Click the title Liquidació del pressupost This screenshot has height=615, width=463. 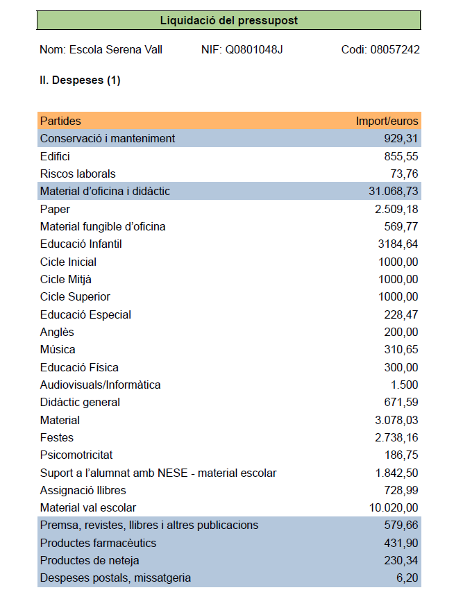click(x=228, y=20)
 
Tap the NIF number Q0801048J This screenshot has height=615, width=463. click(x=254, y=50)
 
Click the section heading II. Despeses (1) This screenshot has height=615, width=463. click(x=80, y=81)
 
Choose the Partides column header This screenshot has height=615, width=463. click(x=60, y=121)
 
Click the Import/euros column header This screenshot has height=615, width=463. click(x=387, y=121)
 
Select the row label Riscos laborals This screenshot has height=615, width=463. click(x=78, y=174)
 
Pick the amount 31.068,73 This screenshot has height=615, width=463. click(x=393, y=191)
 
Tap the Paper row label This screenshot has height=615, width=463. click(x=55, y=209)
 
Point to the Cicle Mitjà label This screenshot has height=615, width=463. click(x=66, y=279)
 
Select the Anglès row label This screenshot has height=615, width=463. click(x=57, y=332)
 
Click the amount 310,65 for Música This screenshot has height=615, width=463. click(x=401, y=349)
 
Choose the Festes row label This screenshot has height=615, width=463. click(x=57, y=437)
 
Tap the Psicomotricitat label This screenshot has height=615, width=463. click(x=76, y=455)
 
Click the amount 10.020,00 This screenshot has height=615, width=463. click(x=394, y=507)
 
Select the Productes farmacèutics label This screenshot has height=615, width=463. click(x=98, y=543)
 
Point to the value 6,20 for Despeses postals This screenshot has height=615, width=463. click(x=408, y=578)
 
